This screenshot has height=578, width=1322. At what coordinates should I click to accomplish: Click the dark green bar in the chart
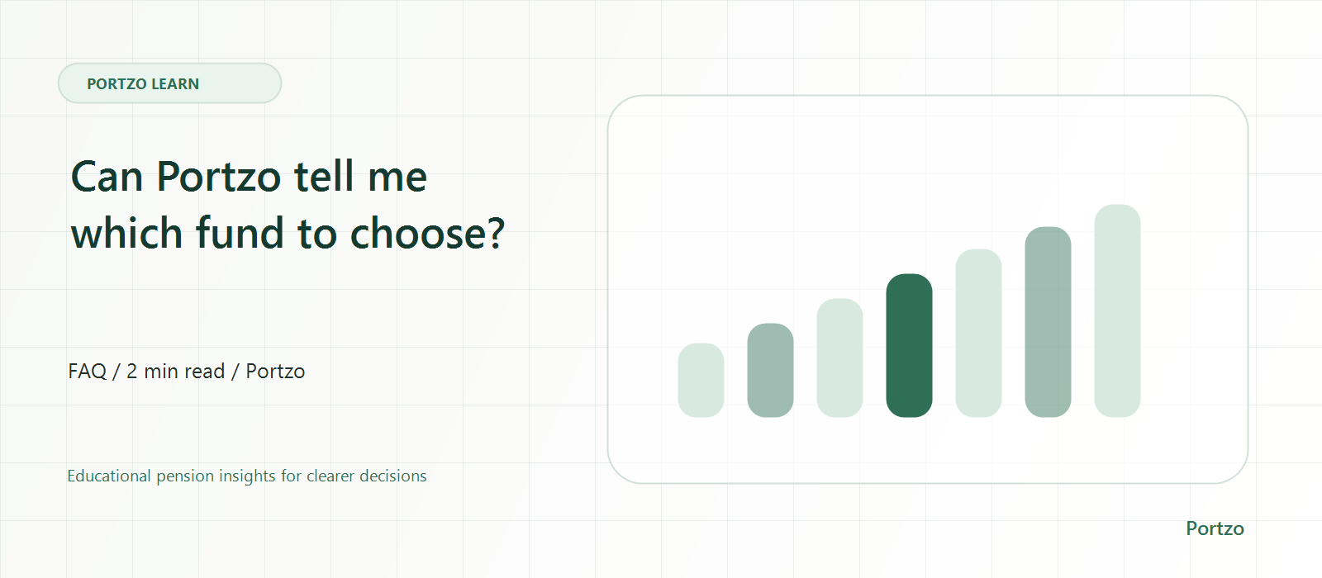tap(909, 345)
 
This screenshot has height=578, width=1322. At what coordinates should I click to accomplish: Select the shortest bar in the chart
tap(701, 380)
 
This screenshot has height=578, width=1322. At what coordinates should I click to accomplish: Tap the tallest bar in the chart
tap(1117, 310)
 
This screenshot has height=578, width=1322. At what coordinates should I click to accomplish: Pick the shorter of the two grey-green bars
tap(770, 370)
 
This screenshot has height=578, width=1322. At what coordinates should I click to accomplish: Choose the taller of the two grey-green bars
tap(1048, 322)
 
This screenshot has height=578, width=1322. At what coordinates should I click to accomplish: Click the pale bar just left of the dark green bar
tap(839, 358)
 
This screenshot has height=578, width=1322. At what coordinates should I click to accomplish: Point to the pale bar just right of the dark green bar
tap(978, 334)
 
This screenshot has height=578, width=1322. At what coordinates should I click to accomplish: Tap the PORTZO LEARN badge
tap(169, 83)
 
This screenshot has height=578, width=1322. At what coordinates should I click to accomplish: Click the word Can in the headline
tap(107, 177)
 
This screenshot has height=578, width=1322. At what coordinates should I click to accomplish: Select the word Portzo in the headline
tap(219, 177)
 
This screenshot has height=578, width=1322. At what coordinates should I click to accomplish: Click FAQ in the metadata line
tap(88, 371)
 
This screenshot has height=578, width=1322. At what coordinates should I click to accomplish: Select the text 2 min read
tap(176, 371)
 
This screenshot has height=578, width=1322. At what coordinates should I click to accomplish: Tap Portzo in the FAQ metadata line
tap(276, 371)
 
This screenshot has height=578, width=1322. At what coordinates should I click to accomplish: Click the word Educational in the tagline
tap(108, 476)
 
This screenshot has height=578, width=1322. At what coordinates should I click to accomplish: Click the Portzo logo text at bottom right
tap(1215, 528)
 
